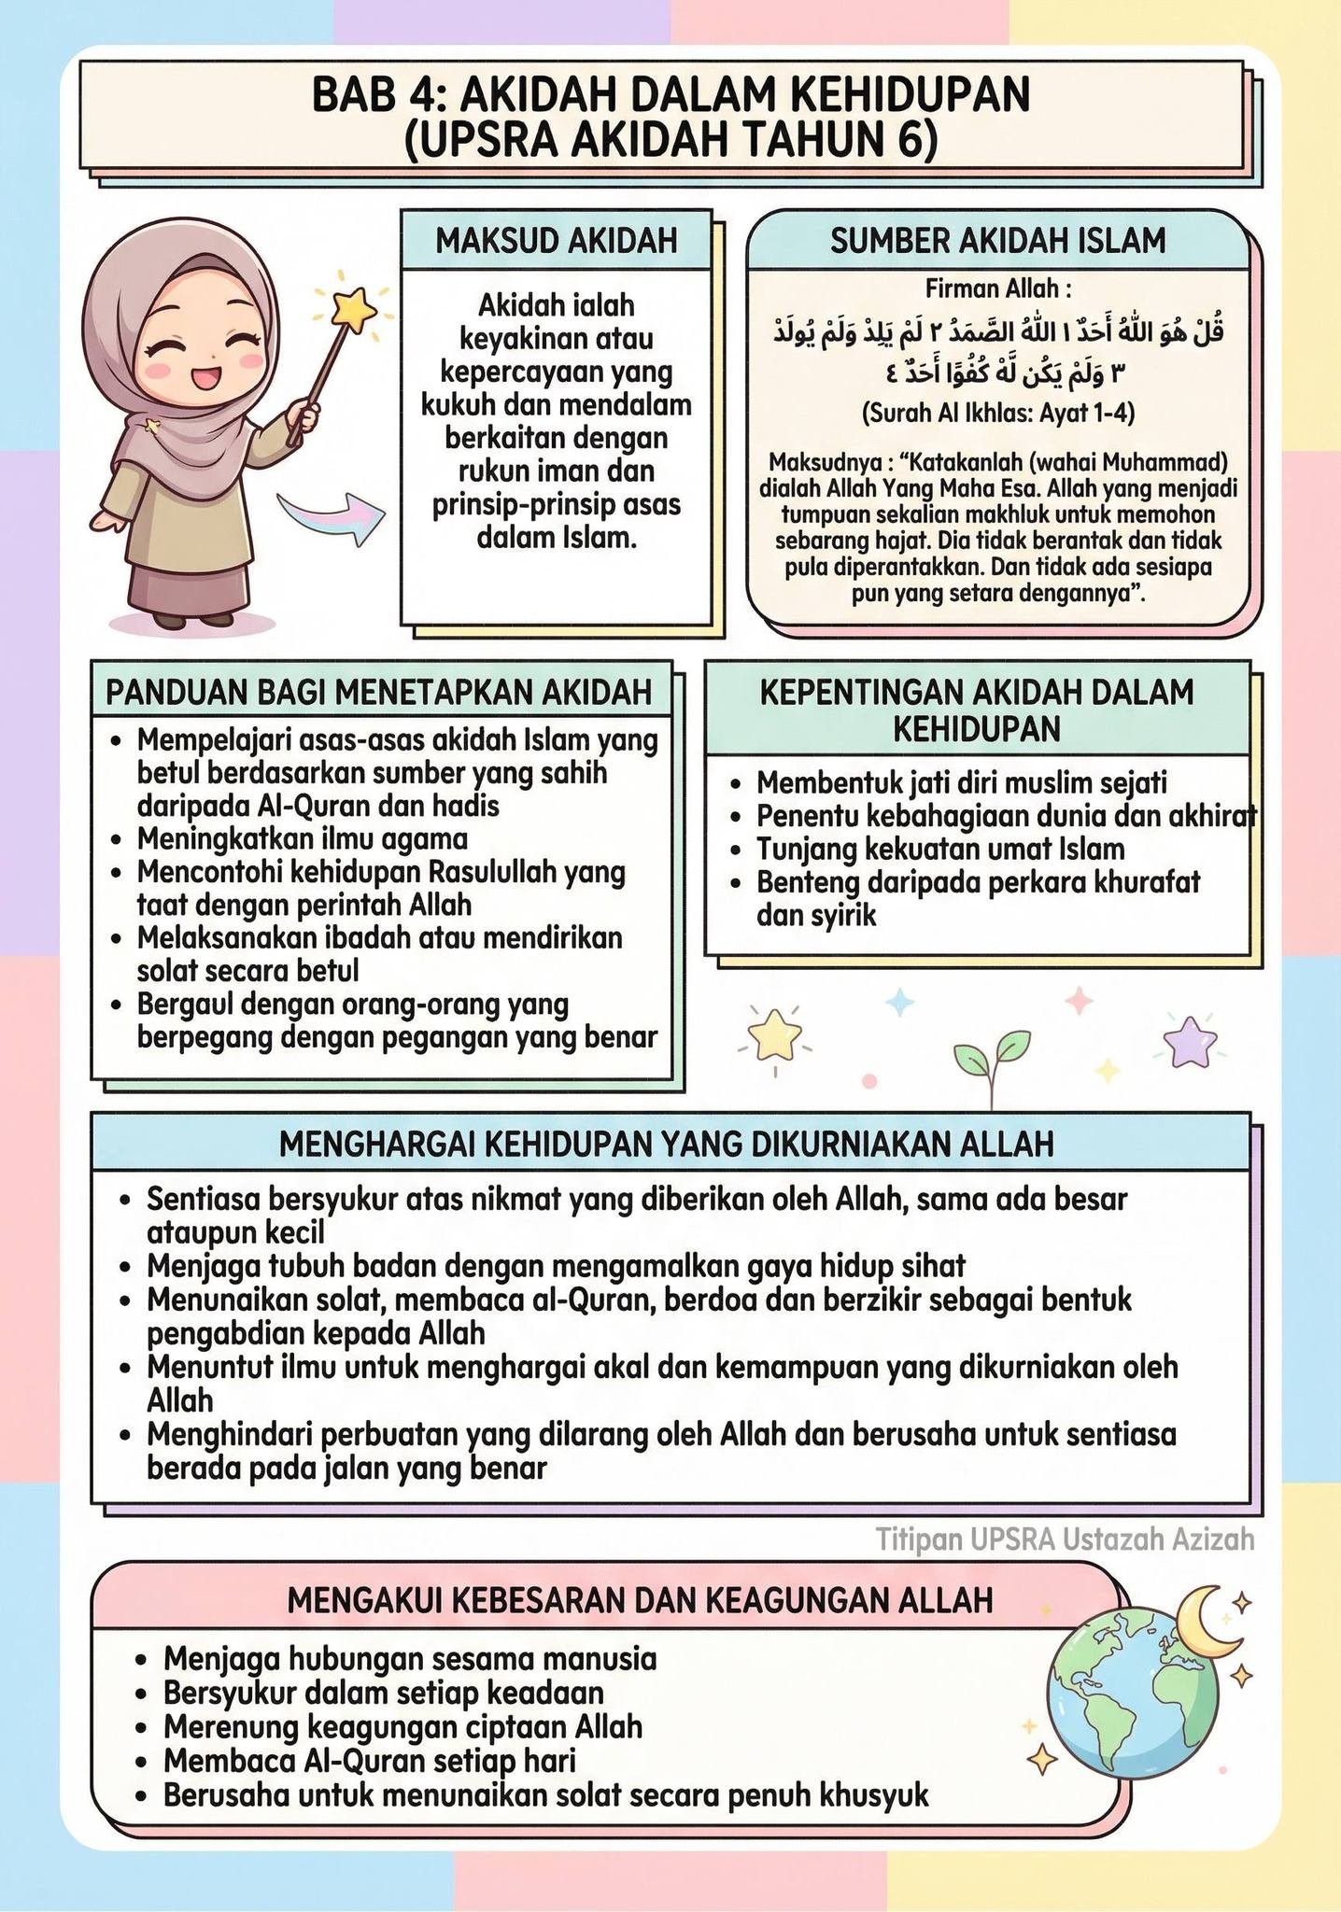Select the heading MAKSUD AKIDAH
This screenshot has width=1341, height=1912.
pyautogui.click(x=557, y=241)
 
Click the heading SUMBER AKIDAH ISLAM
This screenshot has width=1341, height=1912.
pyautogui.click(x=997, y=241)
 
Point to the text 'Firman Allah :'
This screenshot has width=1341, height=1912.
pyautogui.click(x=997, y=288)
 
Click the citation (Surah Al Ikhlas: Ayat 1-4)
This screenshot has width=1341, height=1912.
pyautogui.click(x=997, y=413)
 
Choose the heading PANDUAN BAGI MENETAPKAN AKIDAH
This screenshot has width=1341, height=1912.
pyautogui.click(x=378, y=693)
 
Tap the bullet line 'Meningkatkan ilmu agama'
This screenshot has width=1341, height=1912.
pyautogui.click(x=303, y=838)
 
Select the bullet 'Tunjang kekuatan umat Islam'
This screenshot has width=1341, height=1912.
pyautogui.click(x=940, y=850)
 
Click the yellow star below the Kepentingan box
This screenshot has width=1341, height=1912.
pyautogui.click(x=775, y=1036)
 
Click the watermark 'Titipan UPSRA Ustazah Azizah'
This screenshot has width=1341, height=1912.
pyautogui.click(x=1065, y=1539)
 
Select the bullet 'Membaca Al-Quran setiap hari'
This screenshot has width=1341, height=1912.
pyautogui.click(x=370, y=1761)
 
